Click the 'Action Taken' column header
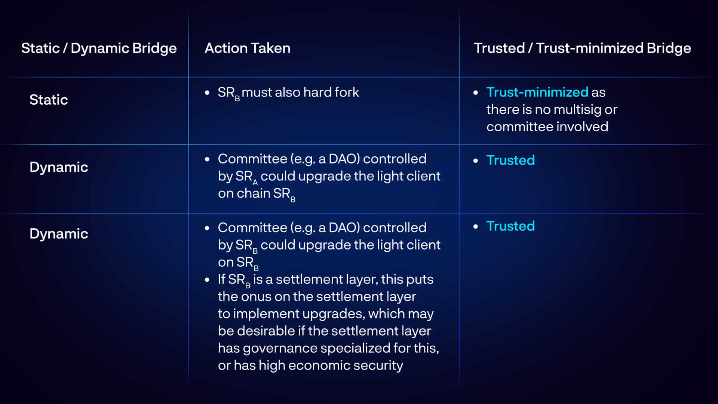point(248,48)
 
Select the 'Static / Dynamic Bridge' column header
point(99,49)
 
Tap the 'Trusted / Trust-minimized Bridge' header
point(582,49)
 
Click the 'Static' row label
point(49,100)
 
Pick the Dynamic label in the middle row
point(59,167)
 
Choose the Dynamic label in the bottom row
point(59,234)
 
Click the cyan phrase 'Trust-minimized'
point(537,92)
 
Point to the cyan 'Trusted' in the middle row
point(510,160)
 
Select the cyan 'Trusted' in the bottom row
point(510,226)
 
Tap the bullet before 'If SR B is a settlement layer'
point(207,280)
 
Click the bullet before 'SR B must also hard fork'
point(207,93)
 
